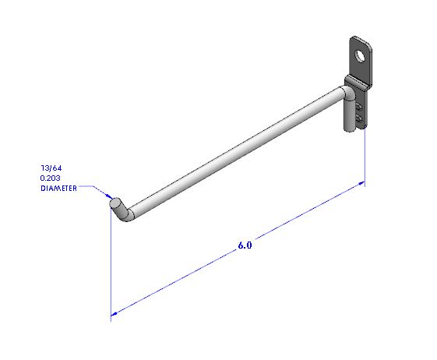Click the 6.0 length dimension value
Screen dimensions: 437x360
[x=245, y=245]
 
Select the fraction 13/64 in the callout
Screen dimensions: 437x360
[x=51, y=168]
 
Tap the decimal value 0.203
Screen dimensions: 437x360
[x=50, y=178]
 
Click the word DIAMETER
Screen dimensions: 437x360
[x=58, y=189]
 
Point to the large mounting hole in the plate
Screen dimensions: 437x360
[x=361, y=56]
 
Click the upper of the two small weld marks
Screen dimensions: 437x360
[x=359, y=107]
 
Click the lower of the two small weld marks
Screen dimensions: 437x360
[x=359, y=118]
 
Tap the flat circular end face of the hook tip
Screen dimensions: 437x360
[x=115, y=203]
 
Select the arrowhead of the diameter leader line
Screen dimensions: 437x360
[x=109, y=196]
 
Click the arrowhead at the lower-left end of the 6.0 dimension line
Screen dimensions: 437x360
[x=114, y=314]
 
